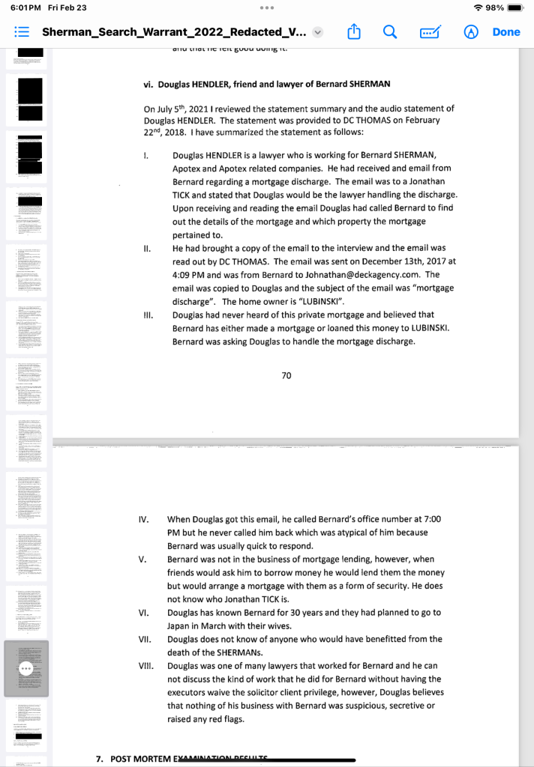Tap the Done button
pyautogui.click(x=506, y=32)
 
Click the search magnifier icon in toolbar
pyautogui.click(x=390, y=32)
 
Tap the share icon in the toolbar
pyautogui.click(x=354, y=32)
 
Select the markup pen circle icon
pyautogui.click(x=472, y=32)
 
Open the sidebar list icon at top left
pyautogui.click(x=21, y=33)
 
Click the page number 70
pyautogui.click(x=286, y=375)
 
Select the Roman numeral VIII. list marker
pyautogui.click(x=147, y=665)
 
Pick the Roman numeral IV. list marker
pyautogui.click(x=145, y=519)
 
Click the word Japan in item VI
pyautogui.click(x=180, y=625)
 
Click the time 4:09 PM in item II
pyautogui.click(x=190, y=274)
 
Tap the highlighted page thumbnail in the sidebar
pyautogui.click(x=27, y=668)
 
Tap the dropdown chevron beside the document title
pyautogui.click(x=318, y=33)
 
